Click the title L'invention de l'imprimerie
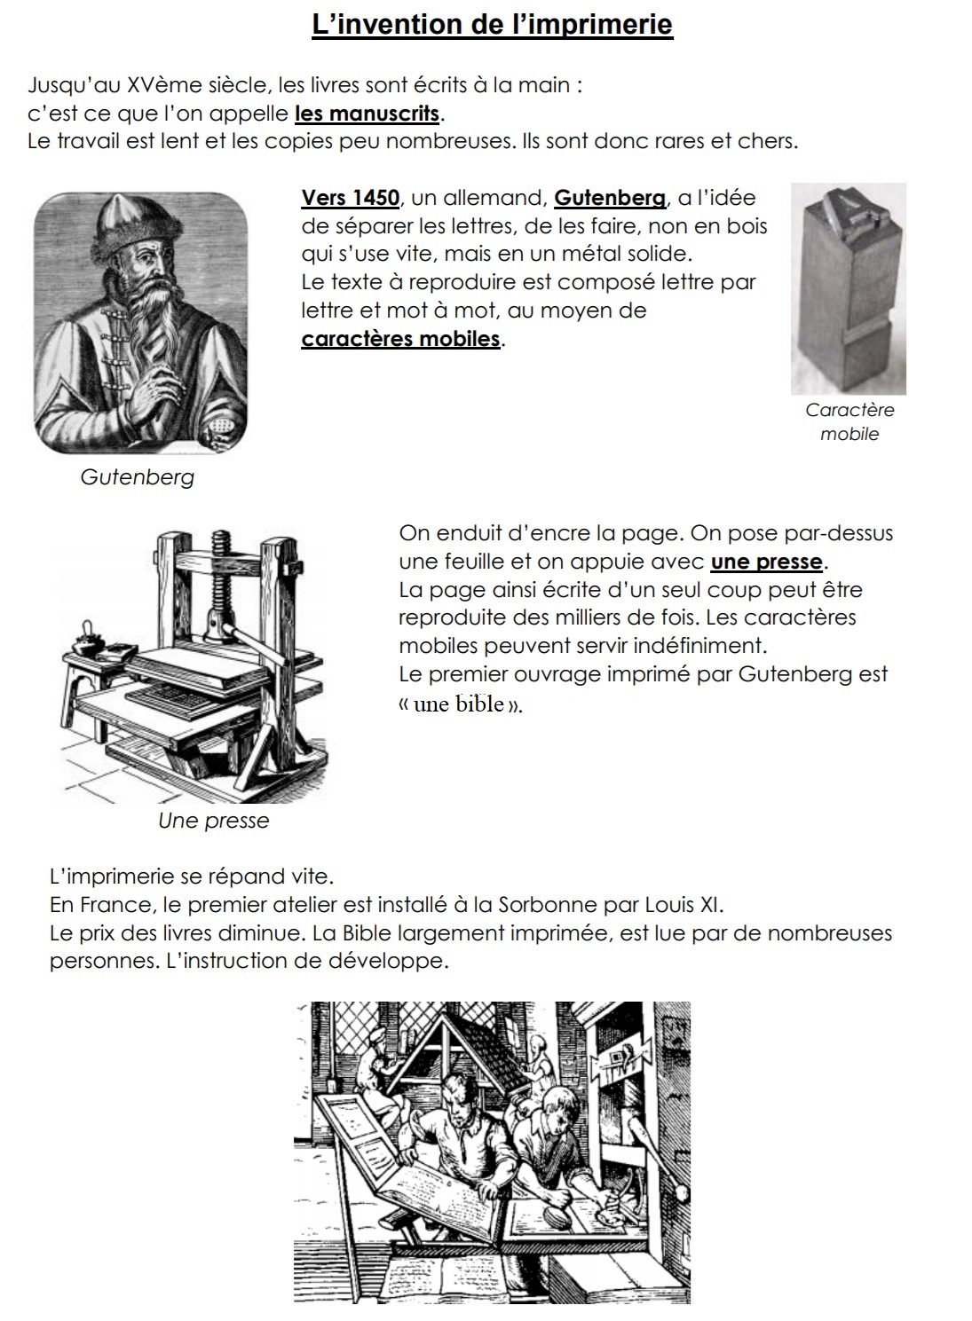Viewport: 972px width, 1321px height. coord(492,24)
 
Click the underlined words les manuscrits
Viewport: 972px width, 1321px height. coord(367,114)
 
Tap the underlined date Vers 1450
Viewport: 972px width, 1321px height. coord(351,197)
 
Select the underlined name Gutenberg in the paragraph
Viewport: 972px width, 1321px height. coord(609,197)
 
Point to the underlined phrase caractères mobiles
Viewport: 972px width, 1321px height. coord(401,339)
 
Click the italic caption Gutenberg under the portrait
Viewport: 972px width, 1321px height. coord(137,476)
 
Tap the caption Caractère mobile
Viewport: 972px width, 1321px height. coord(850,421)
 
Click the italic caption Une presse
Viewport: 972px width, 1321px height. coord(213,821)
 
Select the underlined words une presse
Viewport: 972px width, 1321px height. coord(767,562)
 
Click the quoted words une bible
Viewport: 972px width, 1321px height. coord(459,704)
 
